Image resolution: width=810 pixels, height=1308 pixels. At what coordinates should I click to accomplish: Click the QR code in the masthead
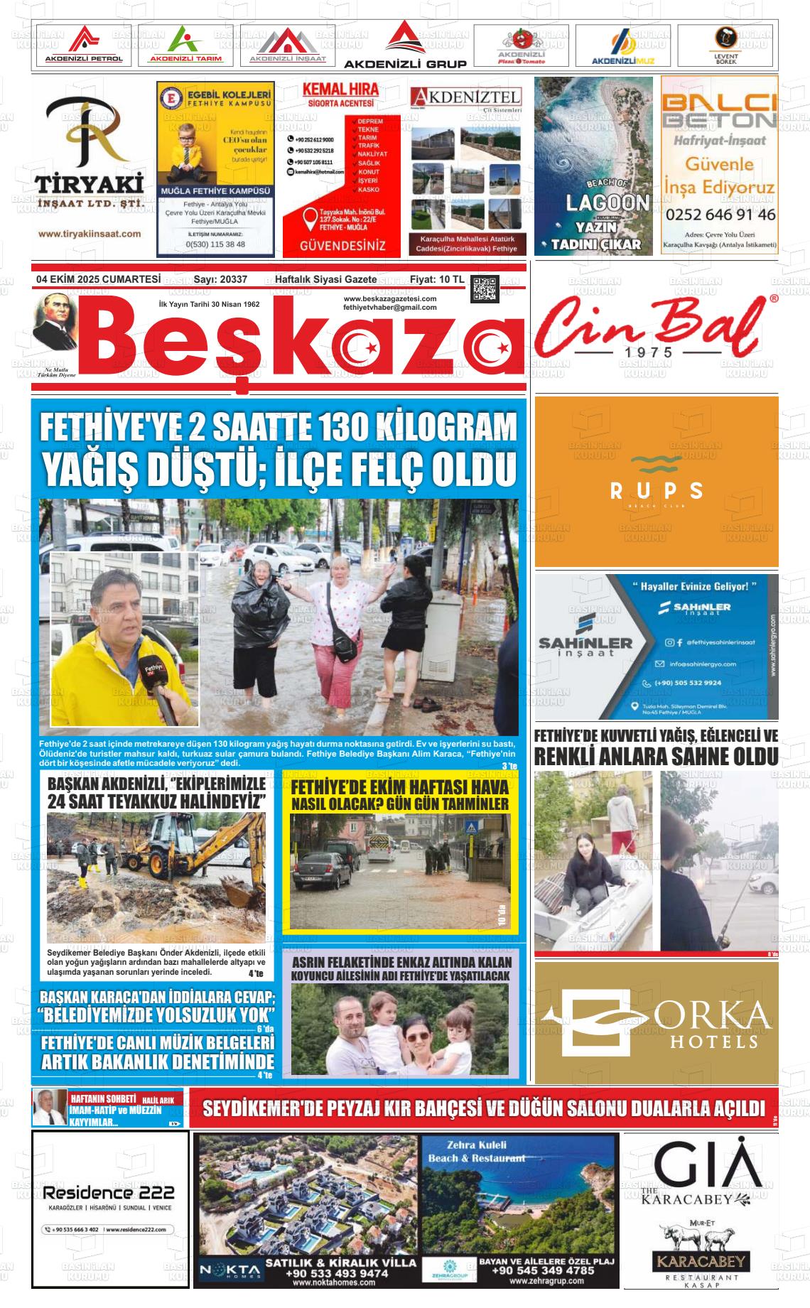[485, 288]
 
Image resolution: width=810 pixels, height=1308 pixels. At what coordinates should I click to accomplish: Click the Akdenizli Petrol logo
[84, 46]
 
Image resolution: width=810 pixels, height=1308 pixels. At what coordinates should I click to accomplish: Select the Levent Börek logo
[725, 46]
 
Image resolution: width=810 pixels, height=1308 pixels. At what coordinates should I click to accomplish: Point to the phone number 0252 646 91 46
[720, 214]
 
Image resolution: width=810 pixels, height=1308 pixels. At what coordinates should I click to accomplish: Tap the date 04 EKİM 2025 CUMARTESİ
[98, 280]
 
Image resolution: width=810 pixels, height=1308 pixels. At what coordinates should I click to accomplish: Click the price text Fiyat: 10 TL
[437, 280]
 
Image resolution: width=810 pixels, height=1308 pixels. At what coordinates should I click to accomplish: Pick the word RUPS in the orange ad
[657, 490]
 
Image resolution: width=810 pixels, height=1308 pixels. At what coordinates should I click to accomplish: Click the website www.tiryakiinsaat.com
[90, 234]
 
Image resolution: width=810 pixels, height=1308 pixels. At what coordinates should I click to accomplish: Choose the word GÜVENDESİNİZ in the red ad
[343, 246]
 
